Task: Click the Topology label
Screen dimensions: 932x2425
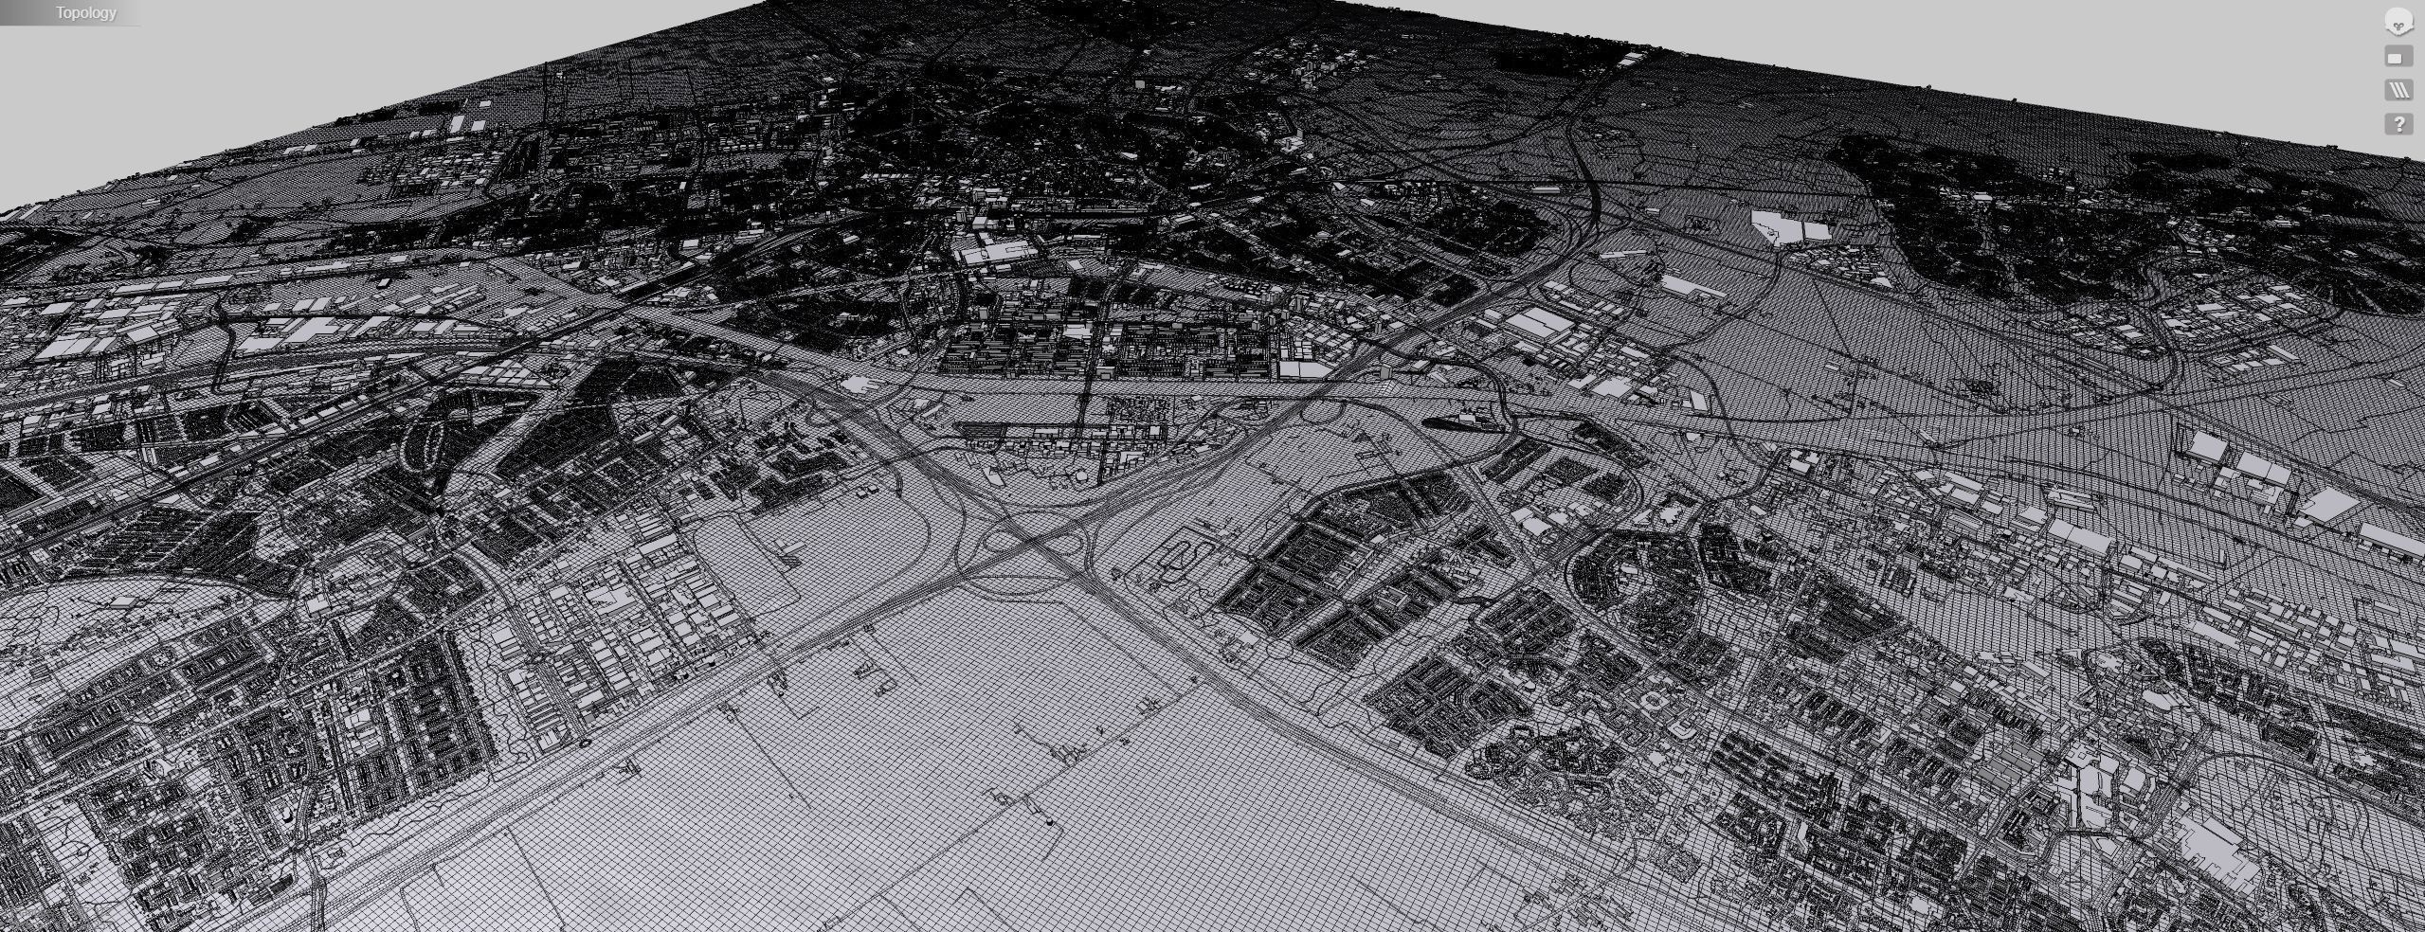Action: (85, 12)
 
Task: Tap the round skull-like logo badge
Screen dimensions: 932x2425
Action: (2398, 22)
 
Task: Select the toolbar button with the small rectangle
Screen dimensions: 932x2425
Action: (2398, 58)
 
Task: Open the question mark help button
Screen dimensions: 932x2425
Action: (2398, 123)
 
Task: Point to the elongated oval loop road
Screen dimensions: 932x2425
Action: (427, 442)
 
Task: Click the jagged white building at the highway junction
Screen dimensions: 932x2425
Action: (858, 384)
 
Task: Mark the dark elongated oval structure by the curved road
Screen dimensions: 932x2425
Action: (1459, 422)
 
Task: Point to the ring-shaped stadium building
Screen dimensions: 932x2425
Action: (1654, 702)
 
